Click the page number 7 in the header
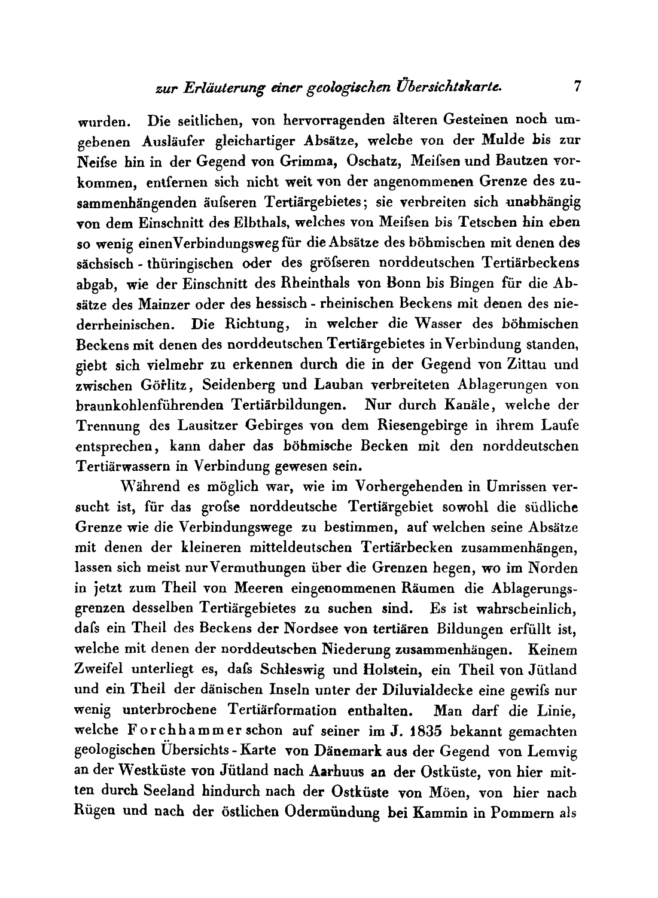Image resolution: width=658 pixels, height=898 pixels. click(x=577, y=86)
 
